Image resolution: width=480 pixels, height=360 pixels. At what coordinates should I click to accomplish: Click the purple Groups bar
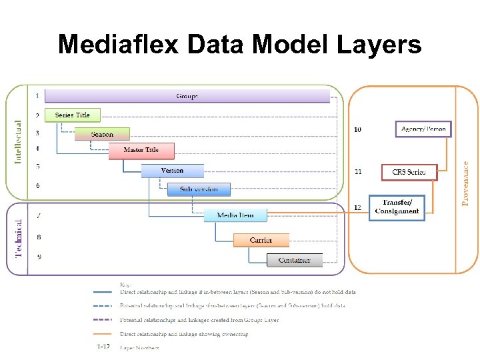187,96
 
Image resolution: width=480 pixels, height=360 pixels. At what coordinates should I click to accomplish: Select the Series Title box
72,115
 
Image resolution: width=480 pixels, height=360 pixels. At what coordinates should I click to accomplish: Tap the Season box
102,134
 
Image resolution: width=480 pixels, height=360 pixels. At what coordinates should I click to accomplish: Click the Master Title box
141,150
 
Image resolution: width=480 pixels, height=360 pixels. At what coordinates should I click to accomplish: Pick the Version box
172,171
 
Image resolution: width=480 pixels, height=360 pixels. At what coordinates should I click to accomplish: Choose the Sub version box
198,189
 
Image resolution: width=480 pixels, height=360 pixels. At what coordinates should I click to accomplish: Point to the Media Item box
235,215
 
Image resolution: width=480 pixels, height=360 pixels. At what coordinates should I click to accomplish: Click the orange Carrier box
261,240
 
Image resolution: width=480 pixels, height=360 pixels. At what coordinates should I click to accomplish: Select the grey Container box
294,260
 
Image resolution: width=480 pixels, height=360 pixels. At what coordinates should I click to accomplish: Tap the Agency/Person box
424,128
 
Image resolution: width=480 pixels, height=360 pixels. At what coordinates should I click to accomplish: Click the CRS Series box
409,172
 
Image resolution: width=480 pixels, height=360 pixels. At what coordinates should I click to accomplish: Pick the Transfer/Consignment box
397,207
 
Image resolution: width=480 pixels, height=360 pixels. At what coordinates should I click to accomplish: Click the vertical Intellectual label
19,141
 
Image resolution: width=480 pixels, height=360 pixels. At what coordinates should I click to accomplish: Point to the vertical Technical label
19,238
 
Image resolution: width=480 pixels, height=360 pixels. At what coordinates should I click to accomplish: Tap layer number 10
358,129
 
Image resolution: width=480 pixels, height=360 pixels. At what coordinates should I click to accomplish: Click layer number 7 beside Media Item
38,216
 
